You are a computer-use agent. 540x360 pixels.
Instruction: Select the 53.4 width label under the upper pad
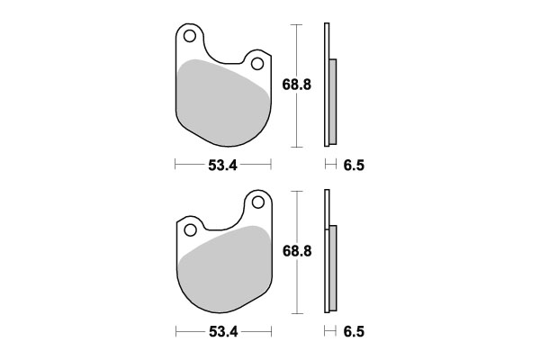[x=222, y=166]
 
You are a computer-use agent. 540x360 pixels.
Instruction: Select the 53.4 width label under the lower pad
[x=222, y=331]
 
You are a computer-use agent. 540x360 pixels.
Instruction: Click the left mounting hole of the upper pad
[x=190, y=37]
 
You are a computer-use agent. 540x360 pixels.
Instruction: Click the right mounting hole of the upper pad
[x=256, y=64]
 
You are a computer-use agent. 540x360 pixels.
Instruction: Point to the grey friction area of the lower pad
[x=220, y=270]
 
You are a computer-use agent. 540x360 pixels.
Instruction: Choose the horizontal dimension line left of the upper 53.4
[x=188, y=166]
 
